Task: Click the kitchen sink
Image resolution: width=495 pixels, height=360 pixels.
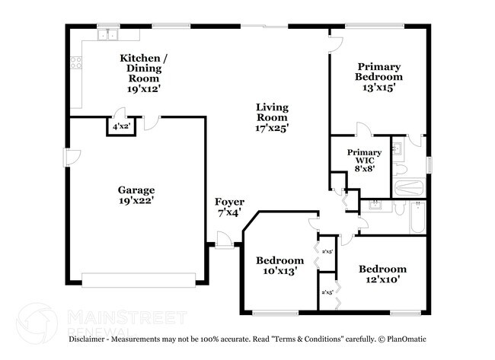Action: (107, 34)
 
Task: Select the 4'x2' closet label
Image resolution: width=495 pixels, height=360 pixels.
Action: (120, 127)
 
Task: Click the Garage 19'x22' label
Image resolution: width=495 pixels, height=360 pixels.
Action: (136, 196)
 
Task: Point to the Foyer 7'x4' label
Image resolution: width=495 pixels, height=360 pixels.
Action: (228, 207)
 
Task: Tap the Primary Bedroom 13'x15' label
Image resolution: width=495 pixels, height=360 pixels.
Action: (378, 77)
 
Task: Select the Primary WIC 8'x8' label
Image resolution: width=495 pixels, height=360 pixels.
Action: (364, 160)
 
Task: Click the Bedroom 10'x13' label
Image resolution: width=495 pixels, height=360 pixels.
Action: (279, 265)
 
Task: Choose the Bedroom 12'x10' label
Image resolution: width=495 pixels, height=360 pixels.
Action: (382, 274)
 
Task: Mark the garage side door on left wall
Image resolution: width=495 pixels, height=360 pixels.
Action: (71, 158)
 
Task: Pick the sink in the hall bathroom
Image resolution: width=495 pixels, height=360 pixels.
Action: (374, 205)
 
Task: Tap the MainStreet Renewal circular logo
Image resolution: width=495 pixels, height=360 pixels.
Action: (37, 321)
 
